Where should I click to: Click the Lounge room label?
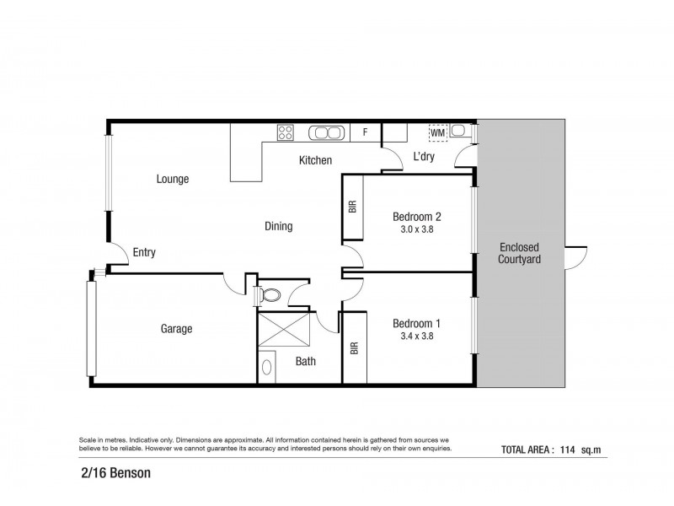tap(172, 179)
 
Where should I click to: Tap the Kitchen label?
tap(315, 160)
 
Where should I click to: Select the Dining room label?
tap(278, 226)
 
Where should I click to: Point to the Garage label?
tap(176, 329)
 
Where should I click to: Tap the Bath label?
tap(305, 362)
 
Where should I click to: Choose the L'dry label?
tap(423, 157)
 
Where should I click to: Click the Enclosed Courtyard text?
tap(519, 253)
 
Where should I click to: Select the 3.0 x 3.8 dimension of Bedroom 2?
tap(417, 229)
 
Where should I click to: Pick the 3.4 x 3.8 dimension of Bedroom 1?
tap(417, 336)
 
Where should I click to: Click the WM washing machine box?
tap(437, 132)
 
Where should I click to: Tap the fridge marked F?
tap(365, 132)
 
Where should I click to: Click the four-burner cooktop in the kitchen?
tap(286, 132)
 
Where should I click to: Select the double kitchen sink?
tap(325, 132)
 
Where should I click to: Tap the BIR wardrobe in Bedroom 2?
tap(352, 207)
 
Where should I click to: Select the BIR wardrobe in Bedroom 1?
tap(354, 347)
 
